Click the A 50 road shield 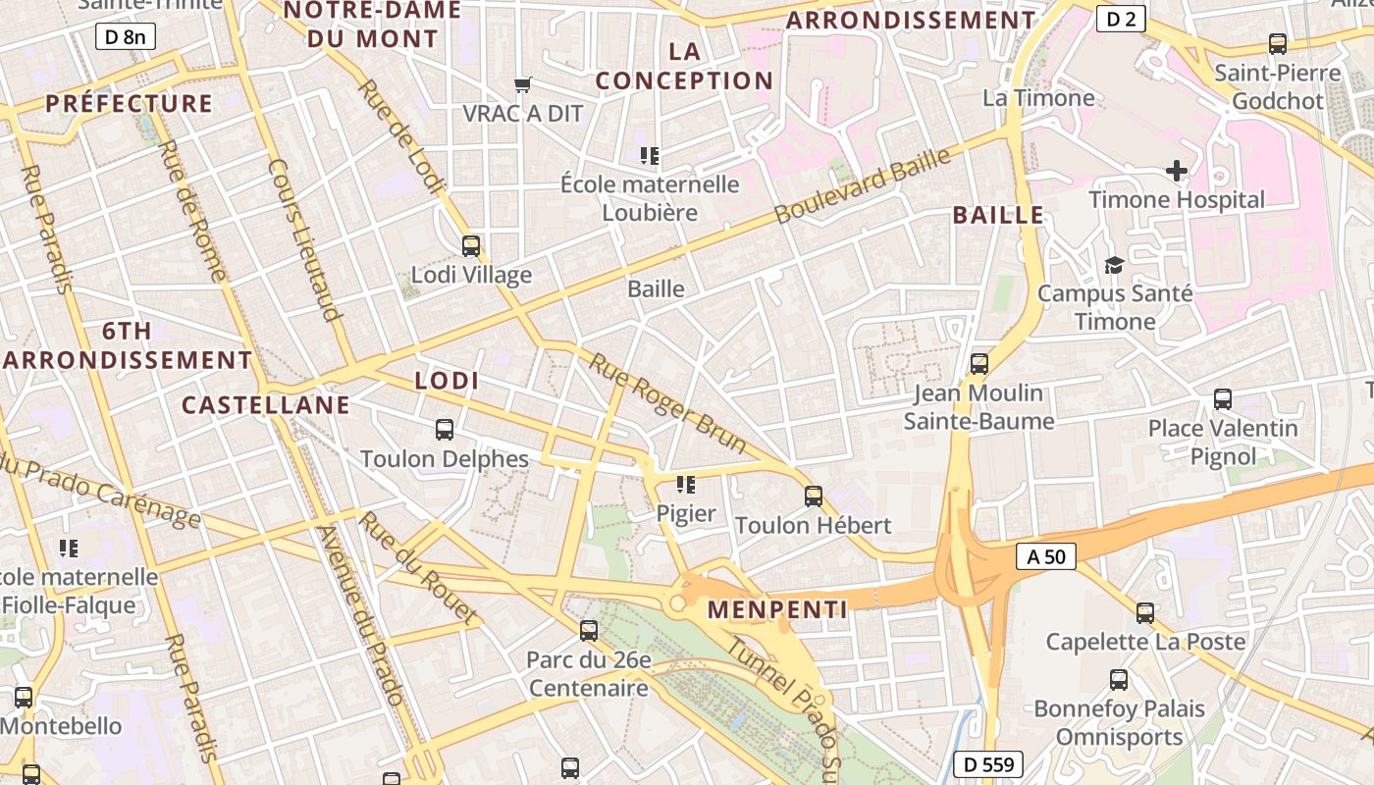[x=1046, y=557]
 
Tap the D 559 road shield [x=988, y=765]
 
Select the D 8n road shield [x=126, y=37]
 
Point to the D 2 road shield [x=1121, y=18]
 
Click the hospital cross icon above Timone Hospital [x=1177, y=171]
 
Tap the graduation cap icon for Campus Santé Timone [x=1114, y=265]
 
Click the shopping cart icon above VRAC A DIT [x=523, y=85]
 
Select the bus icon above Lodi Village [x=471, y=245]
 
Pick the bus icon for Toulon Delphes [x=445, y=429]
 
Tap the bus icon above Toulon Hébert [x=814, y=496]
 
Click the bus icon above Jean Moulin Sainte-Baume [x=978, y=364]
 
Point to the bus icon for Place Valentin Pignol [x=1223, y=399]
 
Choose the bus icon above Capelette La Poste [x=1144, y=613]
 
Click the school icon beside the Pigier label [x=686, y=484]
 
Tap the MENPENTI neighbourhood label [x=777, y=609]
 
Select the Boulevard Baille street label [x=863, y=185]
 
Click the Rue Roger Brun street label [x=668, y=403]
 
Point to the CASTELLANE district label [x=266, y=405]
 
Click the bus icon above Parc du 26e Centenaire [x=589, y=631]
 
